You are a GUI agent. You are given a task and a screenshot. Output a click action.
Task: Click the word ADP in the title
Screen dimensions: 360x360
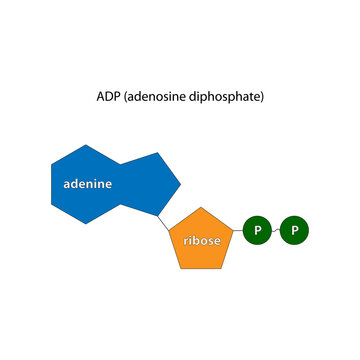click(x=107, y=97)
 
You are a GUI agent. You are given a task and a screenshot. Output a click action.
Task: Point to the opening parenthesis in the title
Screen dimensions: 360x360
click(x=124, y=97)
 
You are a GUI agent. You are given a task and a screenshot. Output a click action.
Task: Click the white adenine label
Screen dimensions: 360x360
click(x=87, y=184)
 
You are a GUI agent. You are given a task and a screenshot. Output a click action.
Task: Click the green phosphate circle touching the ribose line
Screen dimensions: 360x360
click(x=257, y=231)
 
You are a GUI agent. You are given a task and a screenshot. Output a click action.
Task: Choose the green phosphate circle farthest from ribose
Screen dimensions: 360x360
click(x=294, y=231)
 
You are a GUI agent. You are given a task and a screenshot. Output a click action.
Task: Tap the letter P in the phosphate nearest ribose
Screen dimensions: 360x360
click(x=257, y=231)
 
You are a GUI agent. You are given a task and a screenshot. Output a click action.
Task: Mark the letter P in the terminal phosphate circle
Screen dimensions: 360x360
click(x=294, y=231)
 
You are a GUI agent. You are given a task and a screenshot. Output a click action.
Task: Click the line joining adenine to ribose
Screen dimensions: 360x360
click(x=164, y=222)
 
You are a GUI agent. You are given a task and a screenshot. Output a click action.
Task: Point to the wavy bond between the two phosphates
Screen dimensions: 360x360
click(x=276, y=231)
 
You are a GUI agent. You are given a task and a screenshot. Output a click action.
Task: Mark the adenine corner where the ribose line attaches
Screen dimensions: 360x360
click(x=156, y=213)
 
